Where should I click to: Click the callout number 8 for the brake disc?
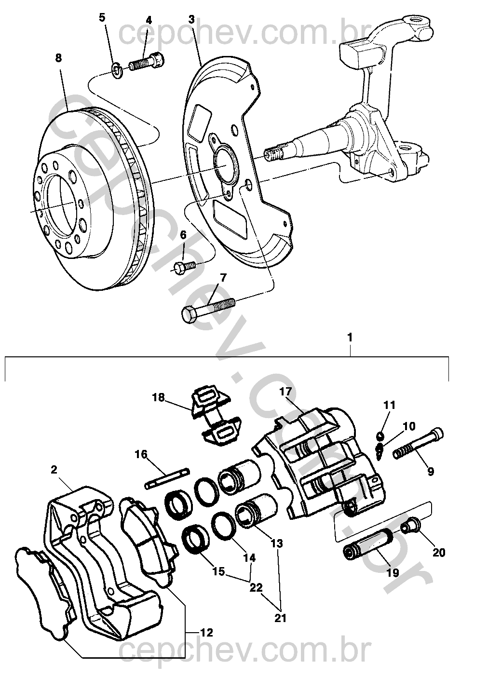(58, 58)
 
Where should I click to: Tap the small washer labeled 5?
(116, 71)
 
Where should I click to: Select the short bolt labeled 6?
(184, 266)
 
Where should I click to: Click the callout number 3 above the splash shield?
(191, 20)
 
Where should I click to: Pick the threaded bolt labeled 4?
(147, 62)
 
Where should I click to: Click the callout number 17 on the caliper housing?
(286, 392)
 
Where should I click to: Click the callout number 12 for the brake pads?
(206, 632)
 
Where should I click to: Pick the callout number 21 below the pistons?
(280, 618)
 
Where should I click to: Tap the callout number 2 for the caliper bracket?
(54, 469)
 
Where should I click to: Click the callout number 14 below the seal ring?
(249, 557)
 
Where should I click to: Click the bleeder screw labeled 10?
(380, 450)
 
